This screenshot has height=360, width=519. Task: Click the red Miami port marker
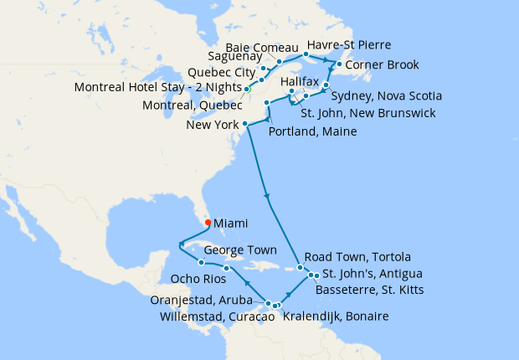coord(207,223)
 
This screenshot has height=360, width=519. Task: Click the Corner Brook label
coord(383,64)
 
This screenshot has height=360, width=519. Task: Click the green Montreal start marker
coord(247,89)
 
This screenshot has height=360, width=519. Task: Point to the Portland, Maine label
coord(313,131)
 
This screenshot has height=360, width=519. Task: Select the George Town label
coord(241,250)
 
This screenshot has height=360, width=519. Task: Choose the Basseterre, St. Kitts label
coord(369,290)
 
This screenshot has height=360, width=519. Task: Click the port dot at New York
coord(245,125)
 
